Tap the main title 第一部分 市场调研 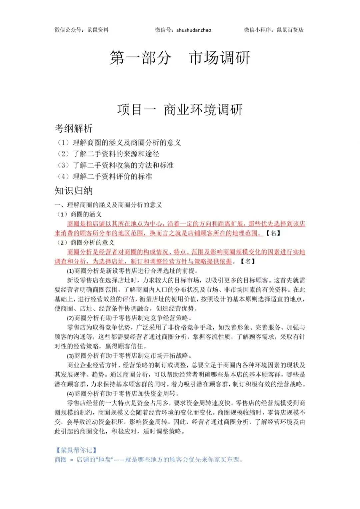(180, 58)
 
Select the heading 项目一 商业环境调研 (180, 110)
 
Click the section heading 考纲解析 (74, 128)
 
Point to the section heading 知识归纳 (74, 191)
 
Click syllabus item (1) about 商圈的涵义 (119, 143)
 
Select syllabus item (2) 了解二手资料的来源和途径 (108, 154)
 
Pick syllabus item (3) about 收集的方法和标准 (116, 165)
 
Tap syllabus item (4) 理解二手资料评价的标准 (105, 176)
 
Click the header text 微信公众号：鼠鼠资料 (82, 30)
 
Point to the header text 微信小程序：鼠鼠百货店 (274, 30)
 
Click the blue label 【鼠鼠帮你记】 (77, 450)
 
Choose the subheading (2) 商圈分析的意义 (86, 242)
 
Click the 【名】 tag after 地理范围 (273, 233)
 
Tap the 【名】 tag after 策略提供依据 (248, 262)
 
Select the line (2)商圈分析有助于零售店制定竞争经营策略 (129, 318)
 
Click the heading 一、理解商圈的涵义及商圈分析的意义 (108, 205)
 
